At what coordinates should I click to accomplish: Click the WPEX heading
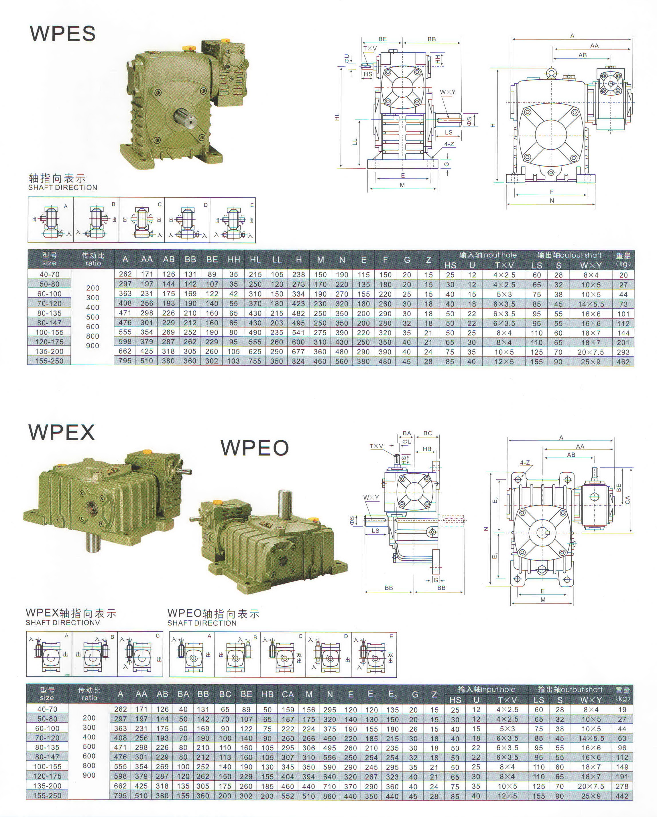click(x=61, y=432)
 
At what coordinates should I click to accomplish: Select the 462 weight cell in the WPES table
click(x=623, y=362)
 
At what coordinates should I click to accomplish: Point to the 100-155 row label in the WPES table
click(x=49, y=332)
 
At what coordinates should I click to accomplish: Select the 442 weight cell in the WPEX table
click(x=622, y=796)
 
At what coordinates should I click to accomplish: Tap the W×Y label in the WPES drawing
click(x=448, y=92)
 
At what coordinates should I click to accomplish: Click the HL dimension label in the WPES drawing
click(x=337, y=117)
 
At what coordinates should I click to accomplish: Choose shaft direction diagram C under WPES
click(x=142, y=220)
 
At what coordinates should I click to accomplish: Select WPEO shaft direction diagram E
click(x=374, y=654)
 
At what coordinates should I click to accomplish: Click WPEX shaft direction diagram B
click(x=95, y=654)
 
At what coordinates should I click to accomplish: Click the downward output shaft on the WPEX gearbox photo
click(x=93, y=543)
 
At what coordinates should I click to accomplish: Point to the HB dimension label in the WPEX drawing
click(x=427, y=449)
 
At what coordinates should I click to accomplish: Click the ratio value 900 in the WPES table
click(x=93, y=346)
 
